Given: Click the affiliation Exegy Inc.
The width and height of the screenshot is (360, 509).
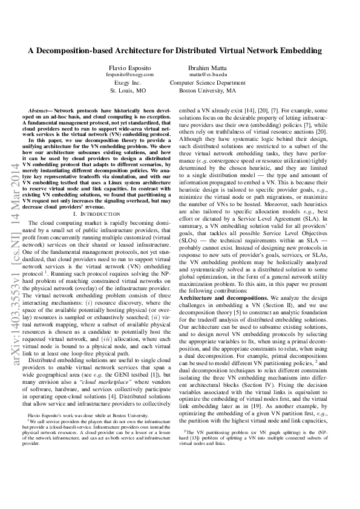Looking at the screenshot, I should click(128, 82).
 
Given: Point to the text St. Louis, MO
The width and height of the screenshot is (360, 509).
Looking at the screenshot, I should click(128, 90).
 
